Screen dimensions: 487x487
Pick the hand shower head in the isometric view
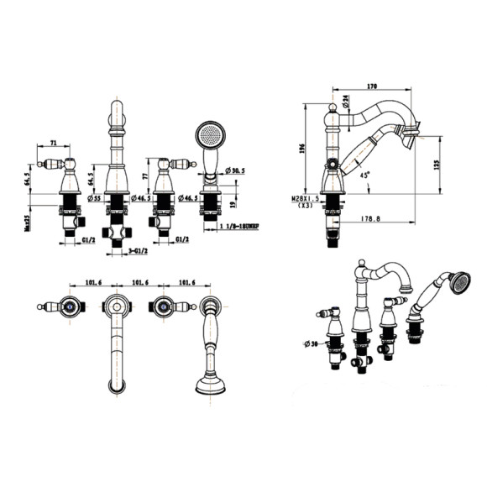tap(458, 283)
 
